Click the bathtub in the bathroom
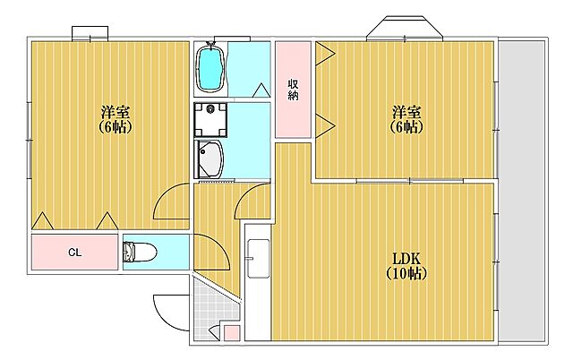(x=210, y=68)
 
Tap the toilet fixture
(x=140, y=253)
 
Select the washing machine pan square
(x=210, y=120)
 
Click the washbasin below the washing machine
(x=210, y=159)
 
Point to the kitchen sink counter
(x=258, y=282)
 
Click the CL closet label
(x=75, y=253)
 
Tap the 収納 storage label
(x=293, y=90)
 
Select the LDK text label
(x=406, y=259)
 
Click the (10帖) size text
(x=406, y=273)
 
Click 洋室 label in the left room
(x=115, y=112)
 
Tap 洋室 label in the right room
(x=406, y=112)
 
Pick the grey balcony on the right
(x=522, y=191)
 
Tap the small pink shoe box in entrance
(x=231, y=333)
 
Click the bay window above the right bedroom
(x=405, y=28)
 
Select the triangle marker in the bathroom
(x=261, y=90)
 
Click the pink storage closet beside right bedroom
(x=293, y=90)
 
